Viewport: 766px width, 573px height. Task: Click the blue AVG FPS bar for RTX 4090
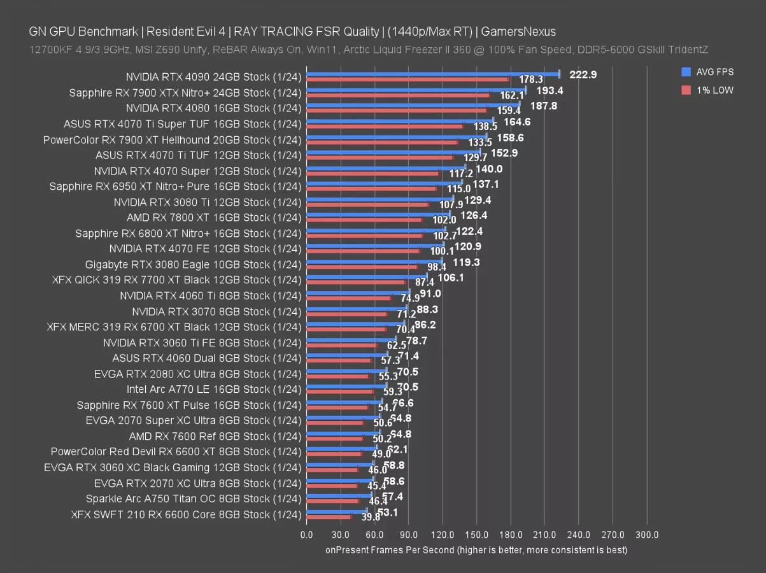433,74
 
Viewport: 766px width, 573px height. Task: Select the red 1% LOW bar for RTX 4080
396,111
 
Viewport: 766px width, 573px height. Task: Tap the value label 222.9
583,74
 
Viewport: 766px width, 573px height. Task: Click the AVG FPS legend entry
707,72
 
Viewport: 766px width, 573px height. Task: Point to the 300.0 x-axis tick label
647,535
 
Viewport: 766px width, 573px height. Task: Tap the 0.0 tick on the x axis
306,535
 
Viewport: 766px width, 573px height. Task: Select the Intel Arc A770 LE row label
213,389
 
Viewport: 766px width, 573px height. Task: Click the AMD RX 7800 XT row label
213,218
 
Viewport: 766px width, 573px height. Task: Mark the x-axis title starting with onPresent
476,549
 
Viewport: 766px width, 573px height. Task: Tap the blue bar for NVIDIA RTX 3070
357,308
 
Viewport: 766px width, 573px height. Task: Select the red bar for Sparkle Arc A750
332,501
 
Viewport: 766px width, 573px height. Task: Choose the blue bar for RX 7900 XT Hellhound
396,136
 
